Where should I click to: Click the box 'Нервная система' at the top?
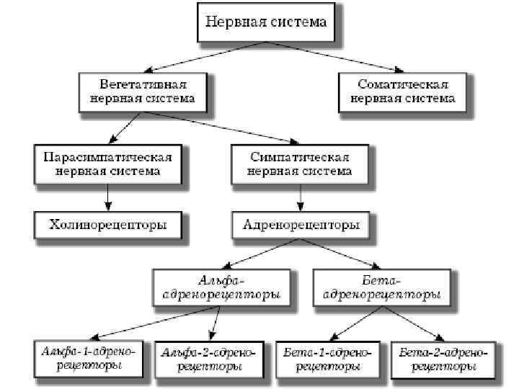point(266,22)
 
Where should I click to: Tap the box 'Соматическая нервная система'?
point(402,91)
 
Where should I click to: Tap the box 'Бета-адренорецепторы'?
point(383,287)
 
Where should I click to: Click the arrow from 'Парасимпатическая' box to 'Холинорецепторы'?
point(107,196)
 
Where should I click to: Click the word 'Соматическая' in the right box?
point(402,84)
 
